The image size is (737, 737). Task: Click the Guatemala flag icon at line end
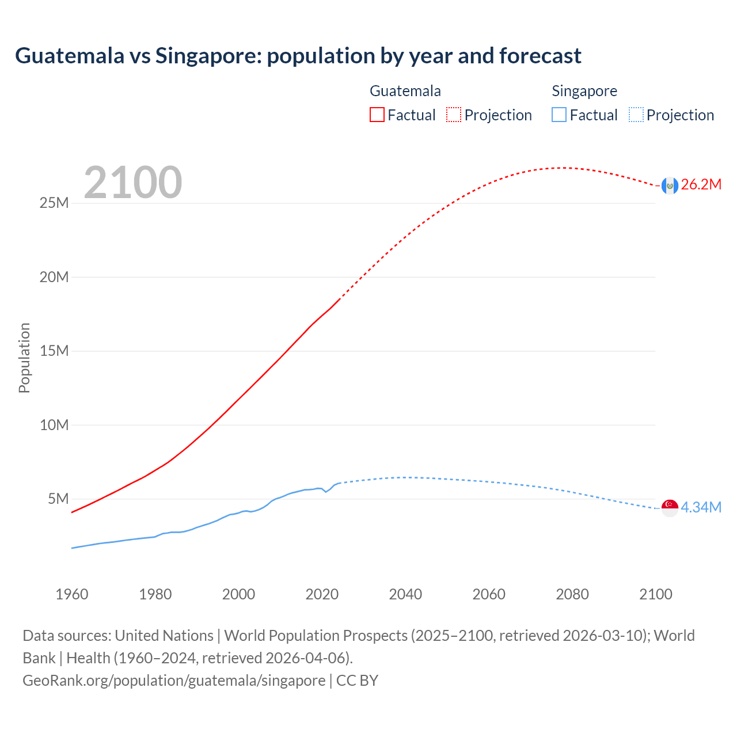pos(669,185)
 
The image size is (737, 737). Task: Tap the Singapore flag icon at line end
pos(669,508)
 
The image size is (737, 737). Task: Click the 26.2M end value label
pos(701,185)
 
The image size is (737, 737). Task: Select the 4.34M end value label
pos(701,507)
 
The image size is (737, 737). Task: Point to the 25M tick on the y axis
pos(54,203)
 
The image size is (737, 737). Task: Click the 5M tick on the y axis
pos(58,499)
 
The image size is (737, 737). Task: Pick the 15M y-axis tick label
pos(54,351)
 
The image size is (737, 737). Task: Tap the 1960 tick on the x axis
pos(72,594)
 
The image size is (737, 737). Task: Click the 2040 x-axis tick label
pos(405,594)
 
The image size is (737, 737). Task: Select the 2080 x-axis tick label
pos(572,594)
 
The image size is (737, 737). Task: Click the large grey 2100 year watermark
pos(133,183)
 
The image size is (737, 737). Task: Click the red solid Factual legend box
pos(377,115)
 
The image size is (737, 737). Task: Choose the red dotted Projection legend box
pos(454,115)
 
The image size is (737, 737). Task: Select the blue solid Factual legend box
pos(559,115)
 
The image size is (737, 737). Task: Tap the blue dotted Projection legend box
pos(636,115)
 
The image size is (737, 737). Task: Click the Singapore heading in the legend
pos(584,91)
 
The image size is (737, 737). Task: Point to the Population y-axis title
pos(24,358)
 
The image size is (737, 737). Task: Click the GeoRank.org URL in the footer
pos(174,681)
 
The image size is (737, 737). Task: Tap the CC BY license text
pos(357,681)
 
